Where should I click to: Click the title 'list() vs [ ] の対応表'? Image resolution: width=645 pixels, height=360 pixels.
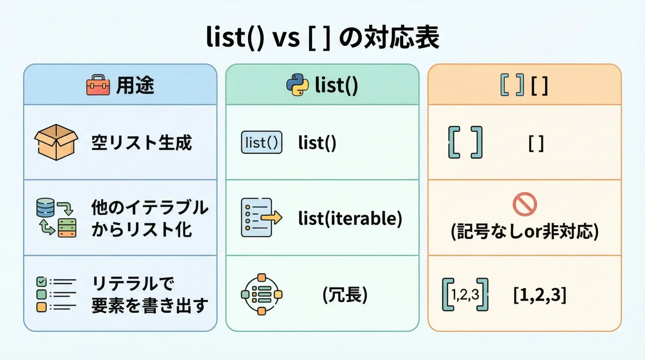click(x=322, y=38)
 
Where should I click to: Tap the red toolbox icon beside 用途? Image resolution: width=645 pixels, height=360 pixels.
click(x=98, y=85)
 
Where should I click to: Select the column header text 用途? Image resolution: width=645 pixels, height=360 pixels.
click(x=135, y=85)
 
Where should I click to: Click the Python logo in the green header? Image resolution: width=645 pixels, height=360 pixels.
click(x=297, y=85)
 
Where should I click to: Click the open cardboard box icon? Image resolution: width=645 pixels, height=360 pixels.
click(x=56, y=142)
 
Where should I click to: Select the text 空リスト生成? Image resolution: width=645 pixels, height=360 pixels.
click(x=141, y=142)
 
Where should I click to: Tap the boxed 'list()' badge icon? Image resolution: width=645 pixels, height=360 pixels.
click(x=262, y=142)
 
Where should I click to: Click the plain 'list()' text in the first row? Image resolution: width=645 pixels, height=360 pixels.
click(x=317, y=143)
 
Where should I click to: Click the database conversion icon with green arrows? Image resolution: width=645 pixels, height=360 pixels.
click(x=56, y=218)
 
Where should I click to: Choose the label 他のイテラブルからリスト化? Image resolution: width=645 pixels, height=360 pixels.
click(x=150, y=218)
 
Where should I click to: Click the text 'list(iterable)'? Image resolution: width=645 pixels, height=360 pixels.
click(x=350, y=218)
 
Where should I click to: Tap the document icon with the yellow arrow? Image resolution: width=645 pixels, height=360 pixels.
click(x=261, y=218)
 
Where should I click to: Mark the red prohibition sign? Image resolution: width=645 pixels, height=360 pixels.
click(x=525, y=204)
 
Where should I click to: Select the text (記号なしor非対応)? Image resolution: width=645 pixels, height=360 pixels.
click(x=525, y=231)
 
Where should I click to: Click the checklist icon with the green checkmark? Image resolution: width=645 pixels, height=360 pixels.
click(x=56, y=294)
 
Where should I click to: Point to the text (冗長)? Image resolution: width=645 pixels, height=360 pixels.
click(x=345, y=295)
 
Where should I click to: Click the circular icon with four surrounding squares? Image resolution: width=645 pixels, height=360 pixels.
click(x=262, y=295)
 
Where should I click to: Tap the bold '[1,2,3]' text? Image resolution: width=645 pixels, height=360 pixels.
click(x=540, y=295)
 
